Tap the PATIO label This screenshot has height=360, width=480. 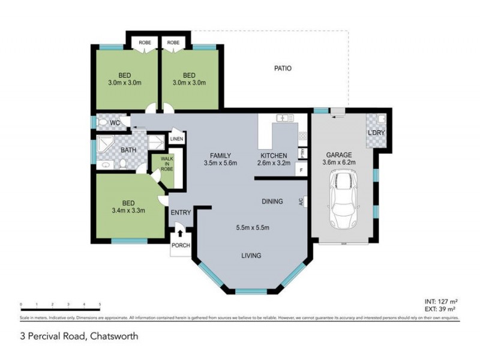click(283, 68)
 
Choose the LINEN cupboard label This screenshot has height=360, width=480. click(176, 139)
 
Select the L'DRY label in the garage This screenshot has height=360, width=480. click(376, 133)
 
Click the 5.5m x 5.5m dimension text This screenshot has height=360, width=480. click(253, 227)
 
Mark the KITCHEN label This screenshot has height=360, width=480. click(273, 155)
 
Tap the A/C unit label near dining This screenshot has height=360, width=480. click(301, 202)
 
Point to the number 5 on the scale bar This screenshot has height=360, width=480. click(100, 305)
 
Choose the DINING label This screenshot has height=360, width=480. click(272, 202)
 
